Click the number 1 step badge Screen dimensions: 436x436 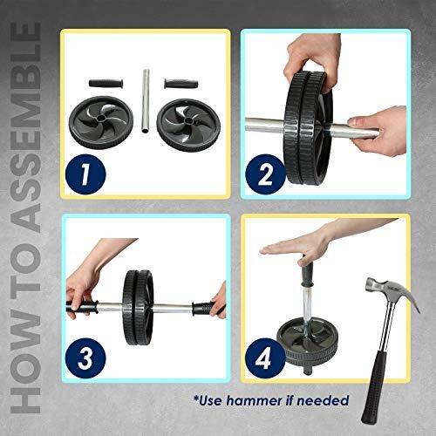click(85, 174)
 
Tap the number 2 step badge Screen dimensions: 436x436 click(265, 174)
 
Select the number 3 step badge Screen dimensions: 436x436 click(85, 358)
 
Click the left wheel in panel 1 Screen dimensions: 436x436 click(101, 122)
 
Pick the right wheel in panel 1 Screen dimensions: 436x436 click(188, 123)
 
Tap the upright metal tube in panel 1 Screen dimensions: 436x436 click(146, 101)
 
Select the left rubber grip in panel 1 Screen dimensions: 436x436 click(106, 83)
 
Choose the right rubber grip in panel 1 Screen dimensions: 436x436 click(181, 83)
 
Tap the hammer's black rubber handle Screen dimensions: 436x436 click(375, 386)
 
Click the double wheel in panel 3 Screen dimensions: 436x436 click(138, 308)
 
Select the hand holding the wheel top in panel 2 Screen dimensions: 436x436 click(312, 58)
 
